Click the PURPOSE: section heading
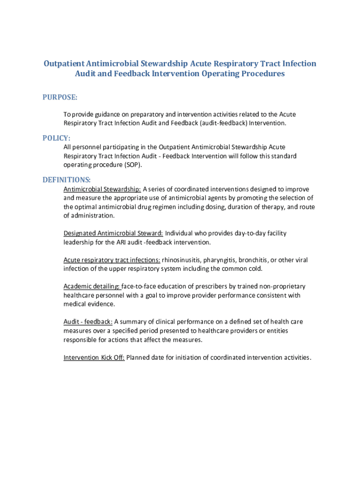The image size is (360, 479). click(60, 97)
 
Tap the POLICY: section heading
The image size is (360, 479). click(57, 138)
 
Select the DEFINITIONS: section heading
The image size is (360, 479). click(67, 180)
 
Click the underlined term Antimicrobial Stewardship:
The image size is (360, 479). click(102, 189)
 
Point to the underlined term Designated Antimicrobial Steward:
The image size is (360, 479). click(113, 233)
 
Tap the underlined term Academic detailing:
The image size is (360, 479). click(92, 286)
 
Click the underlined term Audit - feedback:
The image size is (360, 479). click(88, 322)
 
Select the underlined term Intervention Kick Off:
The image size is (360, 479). click(94, 358)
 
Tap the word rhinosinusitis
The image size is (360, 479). click(182, 260)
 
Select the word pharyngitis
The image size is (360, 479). click(222, 260)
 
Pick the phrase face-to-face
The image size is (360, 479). click(140, 286)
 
